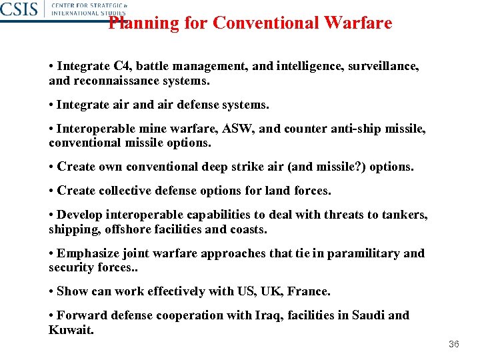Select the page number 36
[454, 344]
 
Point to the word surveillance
[386, 67]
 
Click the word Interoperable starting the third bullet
[97, 129]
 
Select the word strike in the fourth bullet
[248, 167]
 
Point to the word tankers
[403, 215]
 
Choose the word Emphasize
[88, 253]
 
